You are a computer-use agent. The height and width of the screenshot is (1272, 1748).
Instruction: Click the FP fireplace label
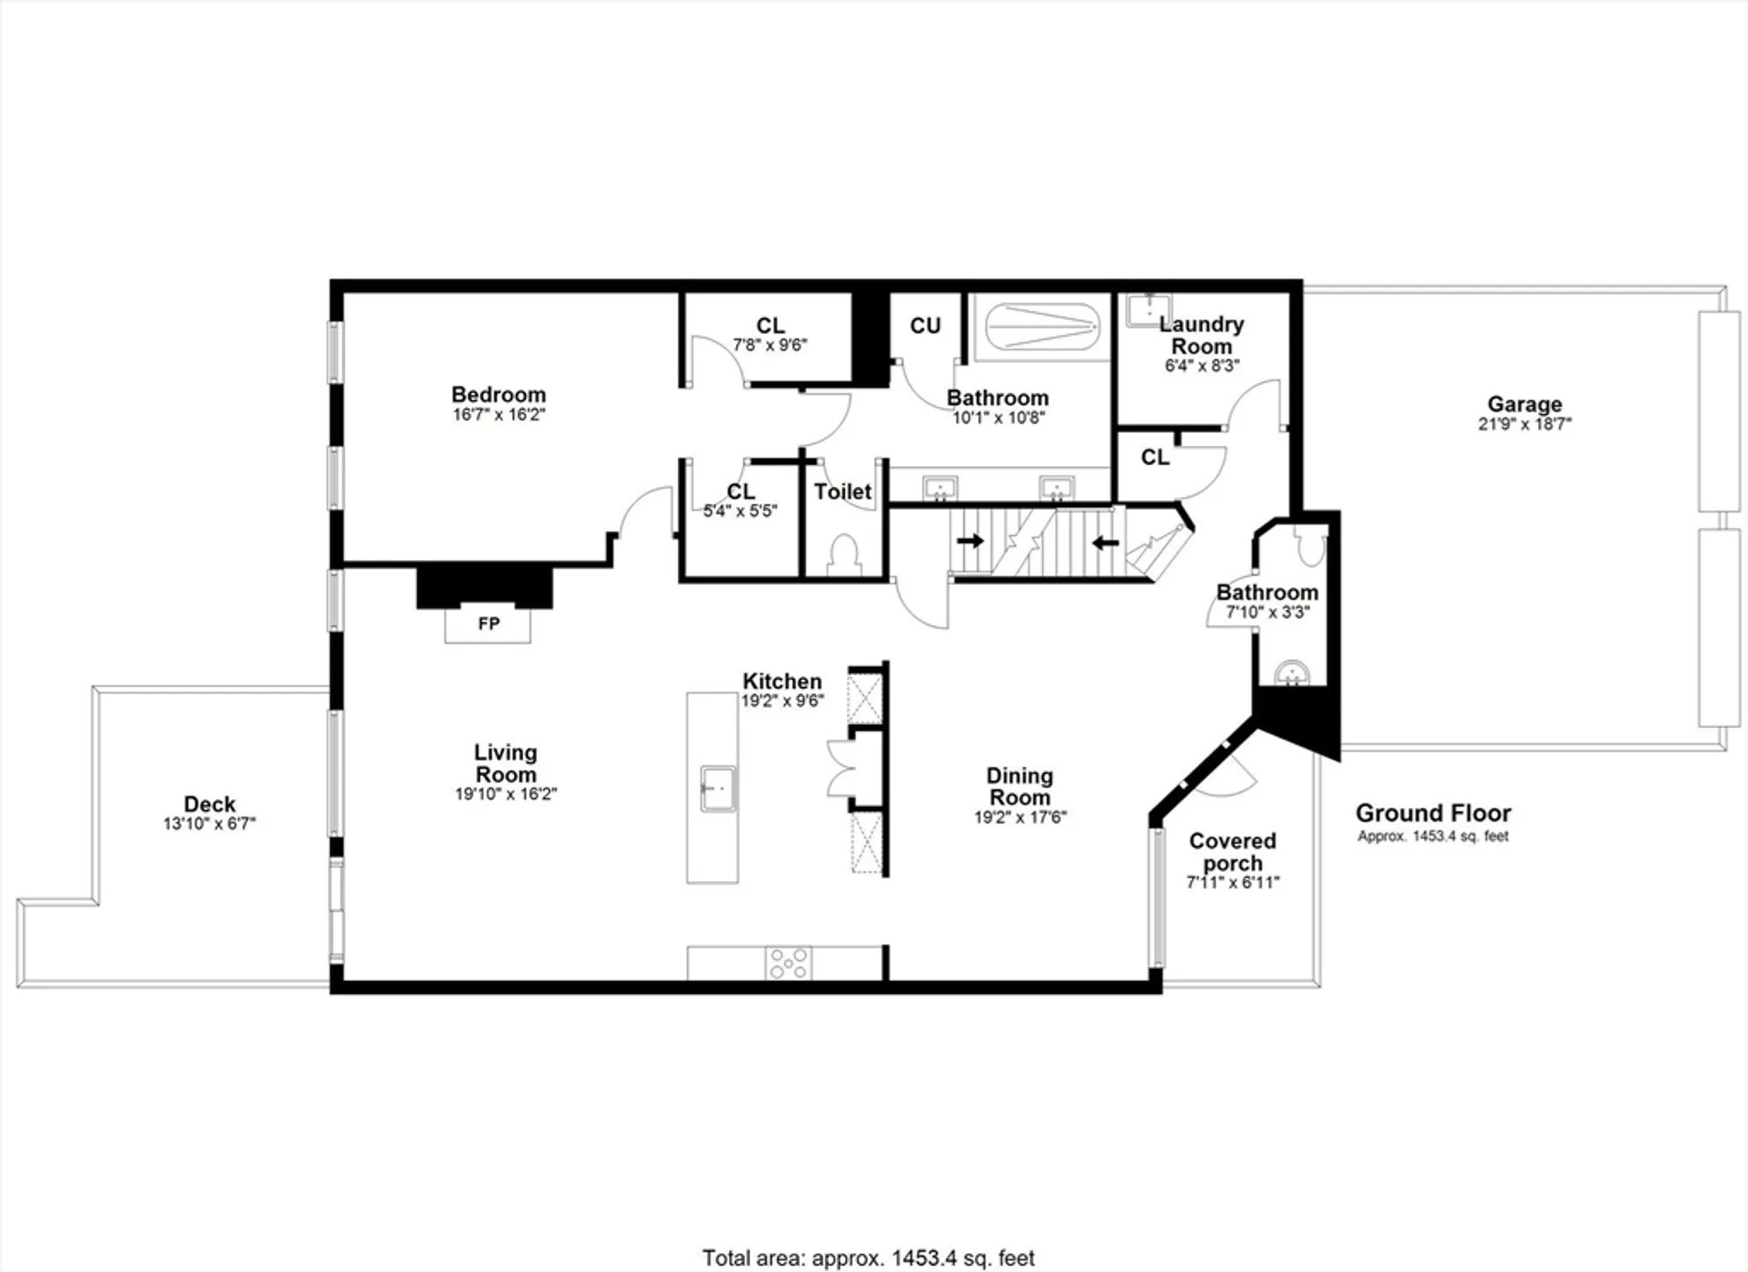489,623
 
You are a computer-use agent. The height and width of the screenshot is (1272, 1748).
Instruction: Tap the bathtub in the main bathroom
1041,327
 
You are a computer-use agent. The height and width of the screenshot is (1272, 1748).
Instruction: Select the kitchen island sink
718,789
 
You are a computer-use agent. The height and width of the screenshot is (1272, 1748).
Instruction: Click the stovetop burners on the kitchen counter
788,963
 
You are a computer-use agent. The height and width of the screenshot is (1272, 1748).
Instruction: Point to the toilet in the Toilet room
844,554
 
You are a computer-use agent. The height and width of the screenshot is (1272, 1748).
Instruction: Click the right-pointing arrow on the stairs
970,541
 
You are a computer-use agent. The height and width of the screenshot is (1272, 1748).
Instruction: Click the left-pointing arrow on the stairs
1106,543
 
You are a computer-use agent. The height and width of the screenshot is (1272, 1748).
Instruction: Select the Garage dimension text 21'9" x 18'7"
1524,424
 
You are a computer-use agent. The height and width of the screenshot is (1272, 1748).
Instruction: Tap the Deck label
210,803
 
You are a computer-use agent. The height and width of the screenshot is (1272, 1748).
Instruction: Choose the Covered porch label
1232,851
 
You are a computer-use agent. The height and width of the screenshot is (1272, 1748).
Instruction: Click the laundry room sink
1148,310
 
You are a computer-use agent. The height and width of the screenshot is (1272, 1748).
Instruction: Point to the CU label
925,326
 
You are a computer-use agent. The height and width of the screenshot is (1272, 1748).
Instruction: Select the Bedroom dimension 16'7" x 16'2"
499,414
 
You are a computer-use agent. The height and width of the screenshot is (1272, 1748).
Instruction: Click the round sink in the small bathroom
1291,674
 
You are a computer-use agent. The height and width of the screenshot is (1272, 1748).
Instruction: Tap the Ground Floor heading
1432,813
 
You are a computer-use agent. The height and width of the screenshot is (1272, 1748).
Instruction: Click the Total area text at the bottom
868,1258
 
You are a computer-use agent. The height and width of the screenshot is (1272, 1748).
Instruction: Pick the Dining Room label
1019,786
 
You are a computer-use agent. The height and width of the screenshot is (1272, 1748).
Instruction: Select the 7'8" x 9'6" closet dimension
769,345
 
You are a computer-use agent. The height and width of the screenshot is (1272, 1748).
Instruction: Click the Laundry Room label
1202,335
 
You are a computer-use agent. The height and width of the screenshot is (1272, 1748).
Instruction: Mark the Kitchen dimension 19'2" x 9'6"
782,700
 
